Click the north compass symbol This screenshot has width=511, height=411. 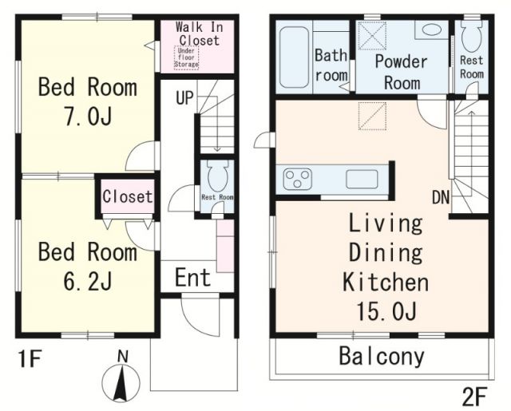click(x=121, y=378)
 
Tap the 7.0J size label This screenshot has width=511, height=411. click(x=89, y=117)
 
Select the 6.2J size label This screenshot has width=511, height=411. click(x=88, y=281)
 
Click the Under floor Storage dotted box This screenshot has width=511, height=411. click(x=186, y=57)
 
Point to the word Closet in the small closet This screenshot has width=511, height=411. click(x=128, y=196)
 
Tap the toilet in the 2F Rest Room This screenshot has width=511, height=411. click(x=472, y=37)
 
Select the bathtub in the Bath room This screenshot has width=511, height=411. click(x=294, y=57)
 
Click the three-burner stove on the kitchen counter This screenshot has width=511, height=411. click(x=297, y=179)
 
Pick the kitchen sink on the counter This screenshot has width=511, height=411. click(x=362, y=179)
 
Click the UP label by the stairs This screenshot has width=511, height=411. click(x=184, y=97)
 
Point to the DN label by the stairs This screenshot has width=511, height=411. click(x=441, y=197)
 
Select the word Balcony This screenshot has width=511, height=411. click(x=382, y=357)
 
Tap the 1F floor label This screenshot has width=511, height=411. click(x=30, y=360)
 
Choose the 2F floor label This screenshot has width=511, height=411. click(x=474, y=397)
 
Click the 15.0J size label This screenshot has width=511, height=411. click(x=386, y=311)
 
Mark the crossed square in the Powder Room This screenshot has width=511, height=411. click(x=372, y=36)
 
